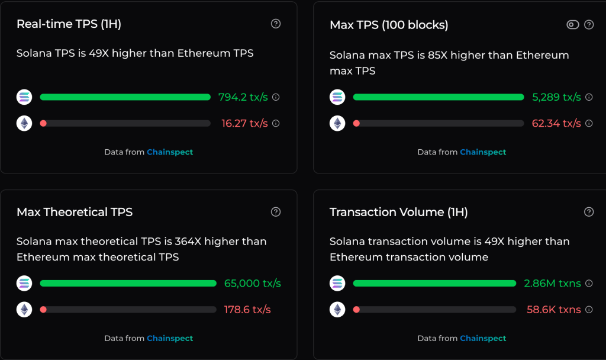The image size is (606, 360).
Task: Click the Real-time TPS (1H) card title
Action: pos(69,24)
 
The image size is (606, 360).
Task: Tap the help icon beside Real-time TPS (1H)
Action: pos(276,24)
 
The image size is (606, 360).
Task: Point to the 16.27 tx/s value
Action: pos(244,123)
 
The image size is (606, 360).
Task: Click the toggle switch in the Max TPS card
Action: pos(572,24)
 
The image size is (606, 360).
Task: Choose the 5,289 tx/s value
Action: pos(556,97)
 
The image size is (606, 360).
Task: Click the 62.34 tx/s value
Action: pos(556,123)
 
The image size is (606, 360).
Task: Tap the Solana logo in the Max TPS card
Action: pos(337,97)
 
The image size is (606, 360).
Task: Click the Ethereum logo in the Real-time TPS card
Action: pos(24,123)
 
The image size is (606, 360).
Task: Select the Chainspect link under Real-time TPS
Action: pos(170,152)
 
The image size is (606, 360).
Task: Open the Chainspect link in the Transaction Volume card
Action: pos(483,338)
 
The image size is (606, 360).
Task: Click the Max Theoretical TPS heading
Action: pos(75,212)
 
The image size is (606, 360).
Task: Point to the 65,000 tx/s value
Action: pos(252,283)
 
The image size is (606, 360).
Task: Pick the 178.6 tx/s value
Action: pos(247,309)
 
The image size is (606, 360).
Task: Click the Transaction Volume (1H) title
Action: pos(398,212)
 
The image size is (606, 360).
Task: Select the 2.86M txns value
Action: pos(552,283)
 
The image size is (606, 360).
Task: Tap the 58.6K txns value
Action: pos(553,309)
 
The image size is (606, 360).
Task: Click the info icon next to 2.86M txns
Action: pos(589,284)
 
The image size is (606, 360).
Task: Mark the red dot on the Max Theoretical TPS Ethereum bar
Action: pos(43,309)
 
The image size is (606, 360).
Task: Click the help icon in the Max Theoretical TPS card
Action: pos(276,212)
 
